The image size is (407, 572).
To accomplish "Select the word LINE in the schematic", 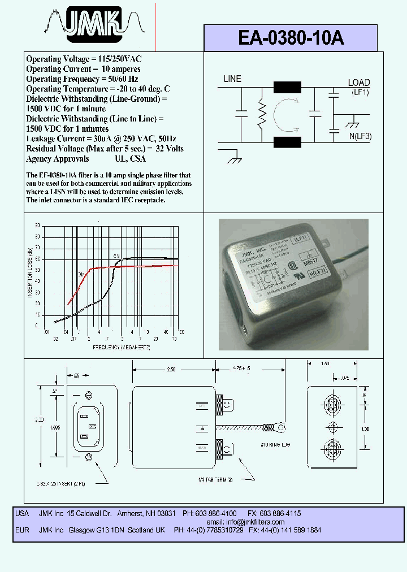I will click(x=232, y=79).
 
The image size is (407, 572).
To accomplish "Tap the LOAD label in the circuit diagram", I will click(x=358, y=83).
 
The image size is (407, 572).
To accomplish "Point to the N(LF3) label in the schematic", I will click(x=359, y=136).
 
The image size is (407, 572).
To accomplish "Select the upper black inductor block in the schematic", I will click(x=287, y=88).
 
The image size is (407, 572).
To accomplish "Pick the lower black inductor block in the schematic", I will click(x=287, y=141).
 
